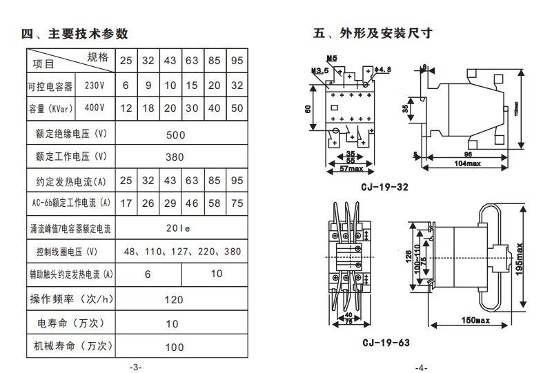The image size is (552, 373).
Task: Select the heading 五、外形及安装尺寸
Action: click(x=373, y=34)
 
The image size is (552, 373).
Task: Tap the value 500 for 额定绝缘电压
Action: click(x=176, y=134)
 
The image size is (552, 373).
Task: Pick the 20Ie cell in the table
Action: click(x=176, y=227)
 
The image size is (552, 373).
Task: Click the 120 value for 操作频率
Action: click(x=175, y=300)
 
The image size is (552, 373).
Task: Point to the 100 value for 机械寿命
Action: click(x=175, y=347)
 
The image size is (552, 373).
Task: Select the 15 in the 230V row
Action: click(x=192, y=85)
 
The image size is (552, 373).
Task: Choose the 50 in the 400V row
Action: click(x=237, y=108)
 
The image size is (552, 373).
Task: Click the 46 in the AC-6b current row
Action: click(x=192, y=203)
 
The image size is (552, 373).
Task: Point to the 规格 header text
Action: click(x=97, y=57)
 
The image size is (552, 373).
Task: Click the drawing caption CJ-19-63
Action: click(x=386, y=343)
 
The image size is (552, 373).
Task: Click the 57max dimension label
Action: click(x=353, y=168)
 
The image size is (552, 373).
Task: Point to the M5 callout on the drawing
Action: click(x=332, y=59)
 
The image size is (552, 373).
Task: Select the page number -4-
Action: click(x=421, y=366)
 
